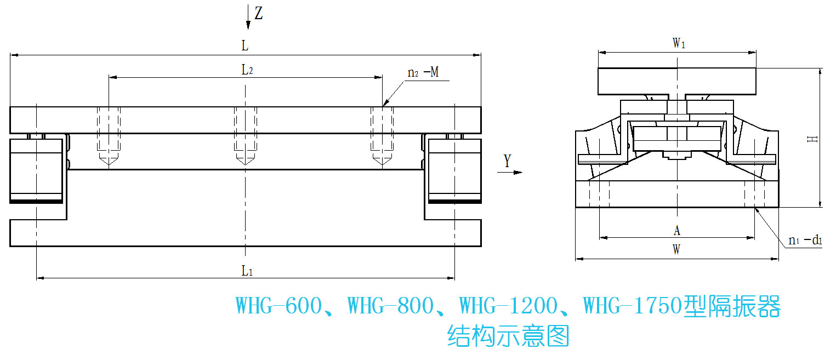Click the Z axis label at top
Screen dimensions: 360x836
pyautogui.click(x=259, y=13)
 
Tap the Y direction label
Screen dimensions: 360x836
pyautogui.click(x=507, y=161)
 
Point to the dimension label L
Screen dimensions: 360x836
pyautogui.click(x=245, y=46)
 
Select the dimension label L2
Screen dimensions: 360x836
pyautogui.click(x=247, y=70)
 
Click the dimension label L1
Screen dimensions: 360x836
pyautogui.click(x=247, y=270)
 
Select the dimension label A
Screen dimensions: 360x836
pyautogui.click(x=677, y=230)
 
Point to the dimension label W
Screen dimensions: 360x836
pyautogui.click(x=677, y=250)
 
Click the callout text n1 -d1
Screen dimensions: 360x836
pyautogui.click(x=805, y=240)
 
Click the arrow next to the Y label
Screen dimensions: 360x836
pyautogui.click(x=510, y=173)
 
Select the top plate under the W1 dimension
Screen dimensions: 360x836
pyautogui.click(x=678, y=81)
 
